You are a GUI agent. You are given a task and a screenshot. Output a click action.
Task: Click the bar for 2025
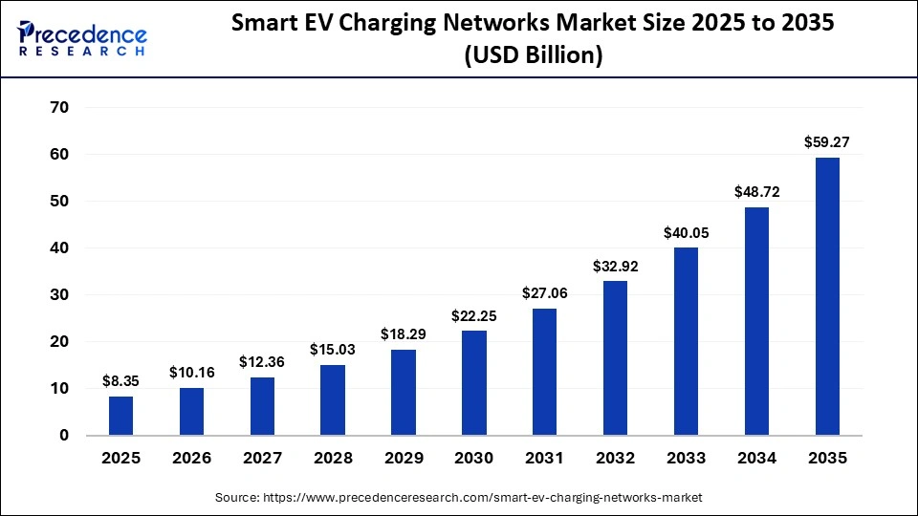coord(121,416)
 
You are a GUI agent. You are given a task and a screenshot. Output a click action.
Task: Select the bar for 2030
coord(474,382)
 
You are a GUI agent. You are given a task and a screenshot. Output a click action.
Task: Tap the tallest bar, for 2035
coord(827,296)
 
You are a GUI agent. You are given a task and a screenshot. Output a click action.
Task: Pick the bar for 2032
coord(616,357)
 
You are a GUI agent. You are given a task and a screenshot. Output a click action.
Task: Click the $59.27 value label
coord(827,143)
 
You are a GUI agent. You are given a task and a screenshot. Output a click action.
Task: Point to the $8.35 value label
coord(121,382)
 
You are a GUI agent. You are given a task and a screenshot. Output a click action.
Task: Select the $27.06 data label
coord(545,294)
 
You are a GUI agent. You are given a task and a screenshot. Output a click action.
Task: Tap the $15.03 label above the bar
coord(333,351)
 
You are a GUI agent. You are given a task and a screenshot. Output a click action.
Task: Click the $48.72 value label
coord(756,192)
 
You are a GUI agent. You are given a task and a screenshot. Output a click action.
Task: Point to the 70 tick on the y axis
coord(59,108)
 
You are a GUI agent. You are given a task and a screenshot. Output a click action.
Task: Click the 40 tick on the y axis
coord(59,248)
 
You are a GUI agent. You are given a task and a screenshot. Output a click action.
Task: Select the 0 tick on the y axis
coord(64,436)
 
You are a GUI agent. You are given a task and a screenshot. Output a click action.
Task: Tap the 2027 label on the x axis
coord(262,459)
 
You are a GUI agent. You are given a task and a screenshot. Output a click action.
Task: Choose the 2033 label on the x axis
coord(686,459)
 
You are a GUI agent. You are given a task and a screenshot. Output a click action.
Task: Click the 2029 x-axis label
coord(404,459)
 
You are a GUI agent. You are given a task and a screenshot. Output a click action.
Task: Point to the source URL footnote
coord(459,498)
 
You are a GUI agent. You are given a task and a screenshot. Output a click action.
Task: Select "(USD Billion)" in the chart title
coord(533,56)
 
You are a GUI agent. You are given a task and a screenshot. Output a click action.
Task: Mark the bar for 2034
coord(756,321)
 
